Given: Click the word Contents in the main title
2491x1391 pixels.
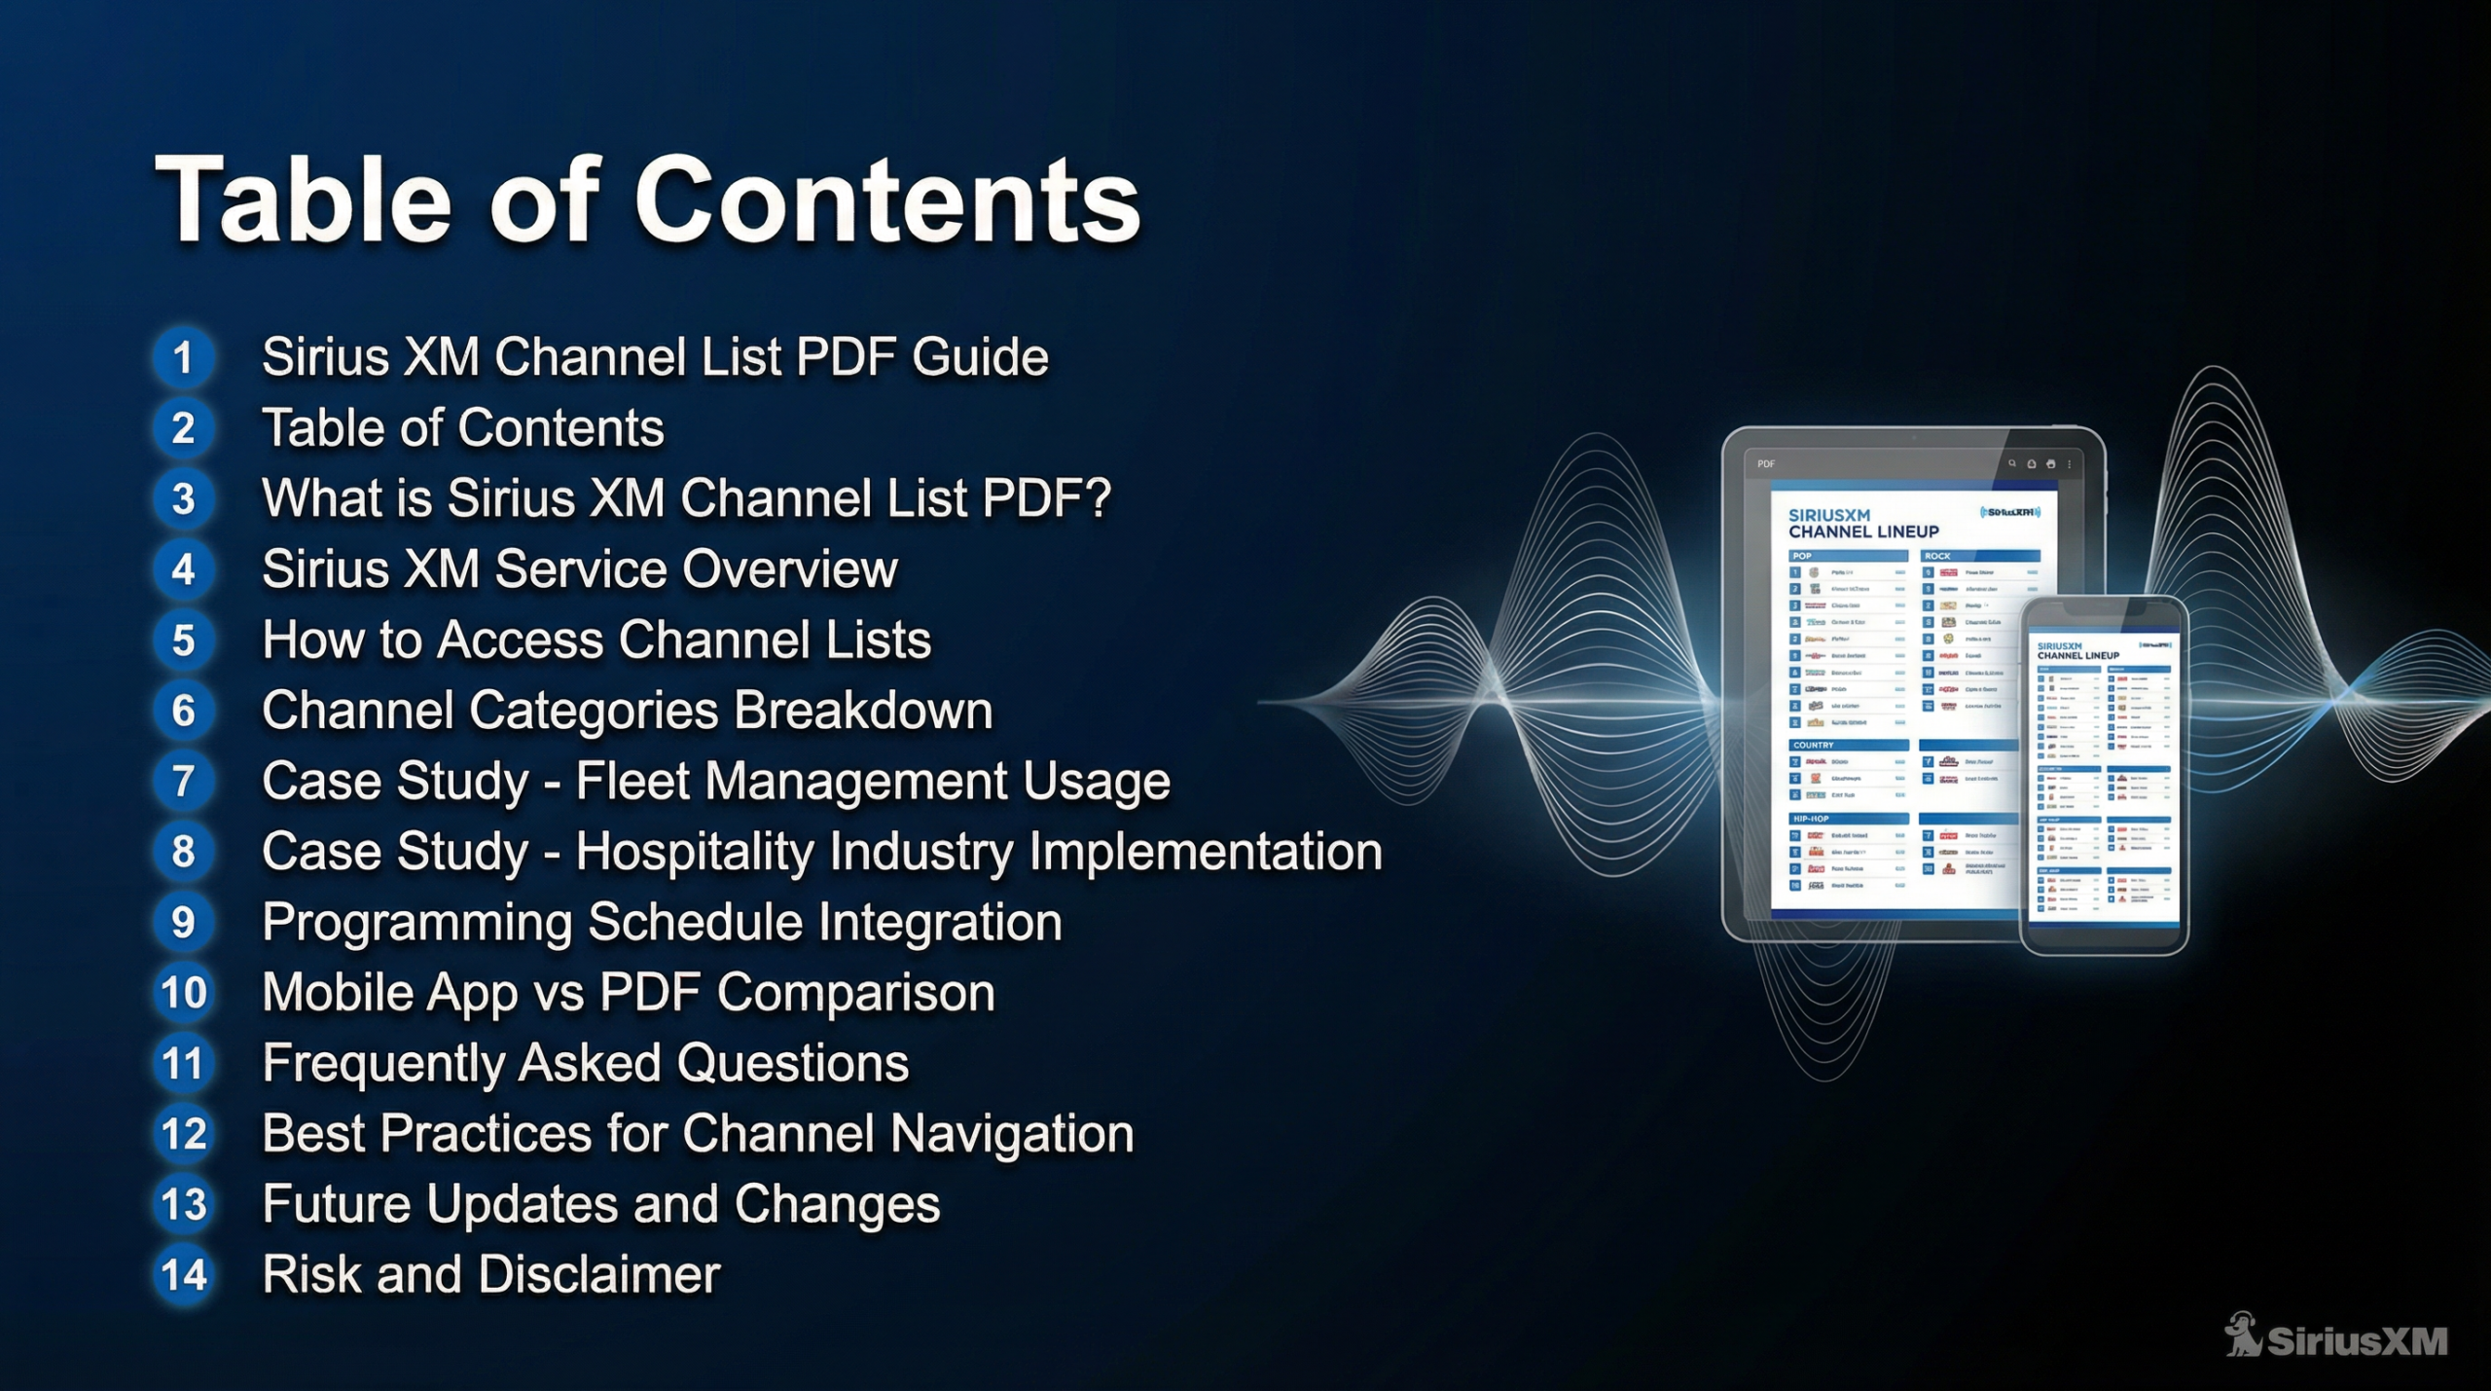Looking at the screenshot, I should [885, 201].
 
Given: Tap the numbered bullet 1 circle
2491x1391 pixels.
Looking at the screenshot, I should [183, 357].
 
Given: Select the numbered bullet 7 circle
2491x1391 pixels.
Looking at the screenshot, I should [183, 782].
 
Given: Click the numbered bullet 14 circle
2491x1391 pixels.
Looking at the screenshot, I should [183, 1275].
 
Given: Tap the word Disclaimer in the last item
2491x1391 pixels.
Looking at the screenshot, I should [598, 1274].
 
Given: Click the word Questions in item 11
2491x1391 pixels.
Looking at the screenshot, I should [792, 1063].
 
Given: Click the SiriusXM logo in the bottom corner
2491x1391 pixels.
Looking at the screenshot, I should [2335, 1338].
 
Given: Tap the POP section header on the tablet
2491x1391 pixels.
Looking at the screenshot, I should [1803, 556].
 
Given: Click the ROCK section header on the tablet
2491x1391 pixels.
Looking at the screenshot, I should [1937, 556].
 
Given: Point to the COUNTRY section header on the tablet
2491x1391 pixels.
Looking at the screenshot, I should [1814, 745].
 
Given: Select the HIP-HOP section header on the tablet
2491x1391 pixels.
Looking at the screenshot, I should [1812, 819].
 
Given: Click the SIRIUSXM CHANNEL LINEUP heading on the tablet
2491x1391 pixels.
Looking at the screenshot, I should [1862, 524].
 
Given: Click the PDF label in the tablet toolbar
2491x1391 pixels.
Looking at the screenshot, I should [1766, 464].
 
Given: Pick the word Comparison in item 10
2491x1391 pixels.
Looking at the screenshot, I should [855, 993].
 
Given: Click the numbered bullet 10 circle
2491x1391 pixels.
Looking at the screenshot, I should [183, 993].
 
